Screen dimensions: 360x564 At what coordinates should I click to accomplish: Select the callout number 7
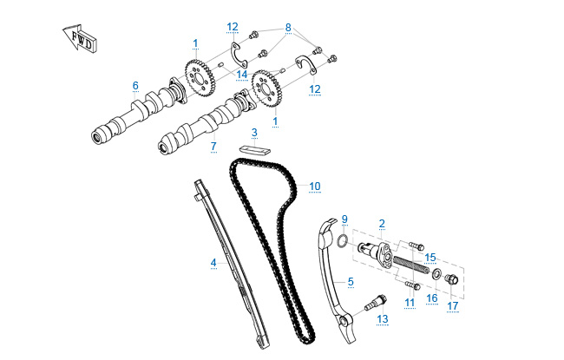pyautogui.click(x=213, y=147)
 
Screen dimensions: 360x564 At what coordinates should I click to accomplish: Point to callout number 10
pyautogui.click(x=314, y=186)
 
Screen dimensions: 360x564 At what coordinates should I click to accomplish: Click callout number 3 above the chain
pyautogui.click(x=254, y=133)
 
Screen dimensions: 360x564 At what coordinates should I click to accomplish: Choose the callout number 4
pyautogui.click(x=213, y=261)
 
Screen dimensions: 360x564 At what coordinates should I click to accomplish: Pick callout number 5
pyautogui.click(x=351, y=281)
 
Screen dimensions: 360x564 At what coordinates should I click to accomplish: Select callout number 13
pyautogui.click(x=382, y=318)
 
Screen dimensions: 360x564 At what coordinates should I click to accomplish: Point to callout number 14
pyautogui.click(x=243, y=75)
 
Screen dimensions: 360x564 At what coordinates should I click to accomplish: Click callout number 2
pyautogui.click(x=382, y=223)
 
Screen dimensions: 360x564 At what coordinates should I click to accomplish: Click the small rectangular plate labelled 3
pyautogui.click(x=252, y=148)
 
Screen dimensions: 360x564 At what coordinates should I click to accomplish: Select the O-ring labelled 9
pyautogui.click(x=344, y=239)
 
